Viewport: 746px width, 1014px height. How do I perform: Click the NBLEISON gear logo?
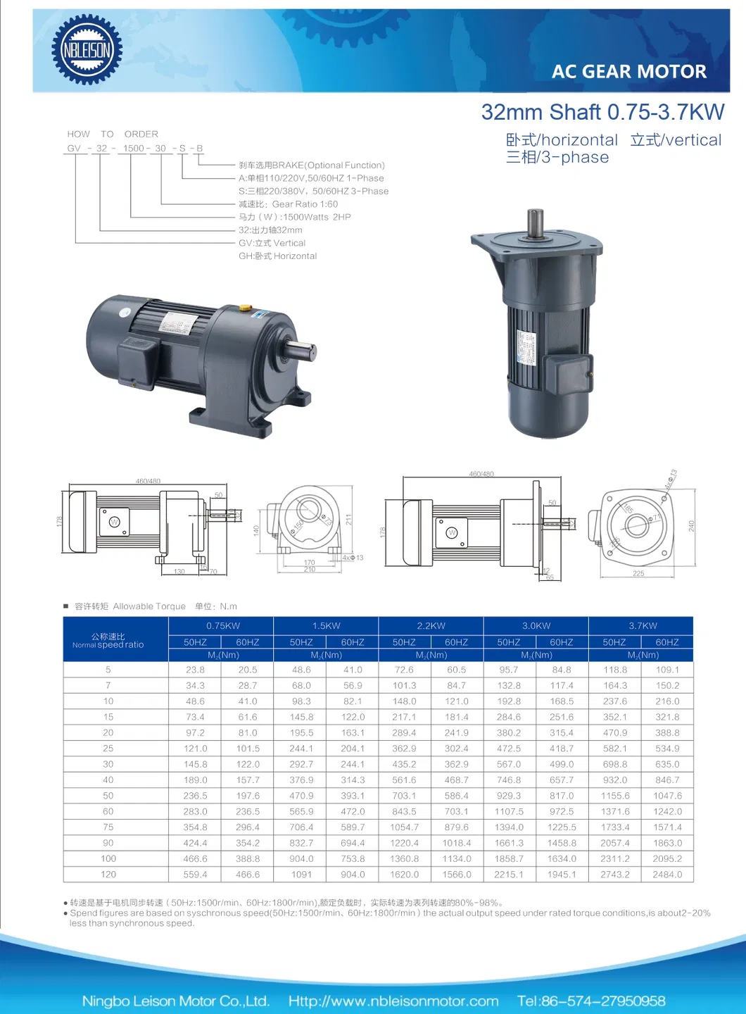pos(87,50)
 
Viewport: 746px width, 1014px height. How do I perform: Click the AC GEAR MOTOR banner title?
pos(628,72)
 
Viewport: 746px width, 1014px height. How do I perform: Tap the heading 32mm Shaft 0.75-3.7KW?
pos(602,112)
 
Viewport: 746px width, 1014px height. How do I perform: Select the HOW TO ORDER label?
pos(113,134)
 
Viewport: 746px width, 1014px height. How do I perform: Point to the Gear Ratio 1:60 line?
pos(288,204)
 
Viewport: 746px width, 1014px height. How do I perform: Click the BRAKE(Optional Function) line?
pos(312,165)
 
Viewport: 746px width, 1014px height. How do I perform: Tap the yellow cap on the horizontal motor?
pos(246,308)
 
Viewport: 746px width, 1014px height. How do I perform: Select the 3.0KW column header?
pos(536,625)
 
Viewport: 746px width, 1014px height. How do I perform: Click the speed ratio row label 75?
pos(108,827)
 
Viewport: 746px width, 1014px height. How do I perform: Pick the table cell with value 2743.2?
pos(614,875)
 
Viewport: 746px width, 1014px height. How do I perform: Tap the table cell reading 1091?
pos(301,875)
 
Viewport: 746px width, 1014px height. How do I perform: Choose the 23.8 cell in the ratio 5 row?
pos(195,670)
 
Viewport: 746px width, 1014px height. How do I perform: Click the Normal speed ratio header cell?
pos(108,641)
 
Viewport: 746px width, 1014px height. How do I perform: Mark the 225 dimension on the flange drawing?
pos(638,573)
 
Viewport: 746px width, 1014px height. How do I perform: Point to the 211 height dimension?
pos(348,520)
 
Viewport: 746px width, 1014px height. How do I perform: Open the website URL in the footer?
pos(393,1001)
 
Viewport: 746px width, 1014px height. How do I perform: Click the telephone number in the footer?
pos(591,1001)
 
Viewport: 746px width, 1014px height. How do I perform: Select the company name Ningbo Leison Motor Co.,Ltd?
pos(176,1001)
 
